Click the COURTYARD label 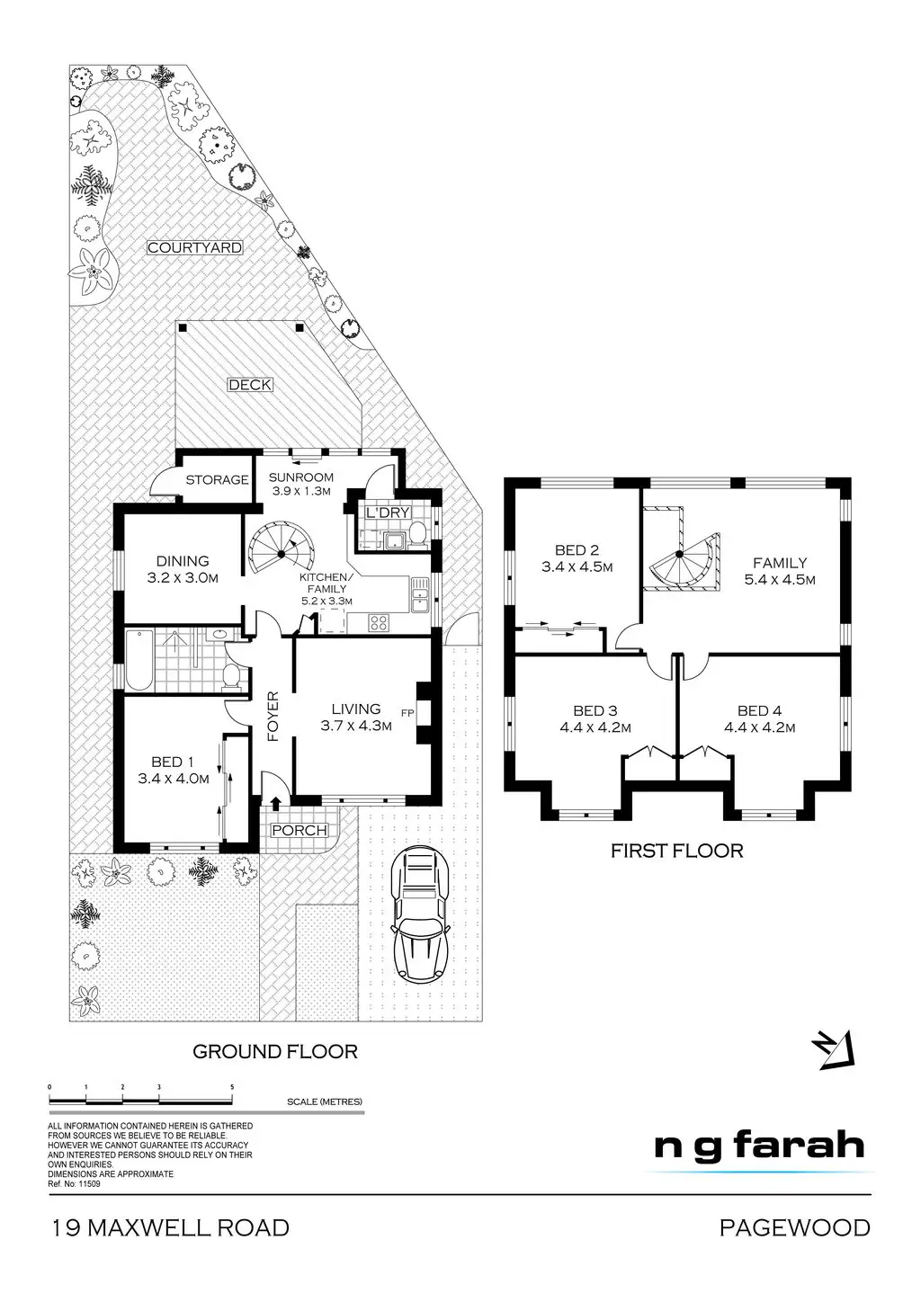[195, 247]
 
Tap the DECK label [249, 385]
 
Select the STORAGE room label [217, 480]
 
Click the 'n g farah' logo [758, 1146]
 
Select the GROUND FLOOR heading [275, 1051]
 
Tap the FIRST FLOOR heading [676, 850]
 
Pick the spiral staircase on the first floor [683, 558]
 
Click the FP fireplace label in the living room [407, 714]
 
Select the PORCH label [299, 830]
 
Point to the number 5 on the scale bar [232, 1087]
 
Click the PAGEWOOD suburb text [794, 1227]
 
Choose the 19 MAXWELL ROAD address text [169, 1227]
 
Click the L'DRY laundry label [388, 513]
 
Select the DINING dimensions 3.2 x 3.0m [183, 578]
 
